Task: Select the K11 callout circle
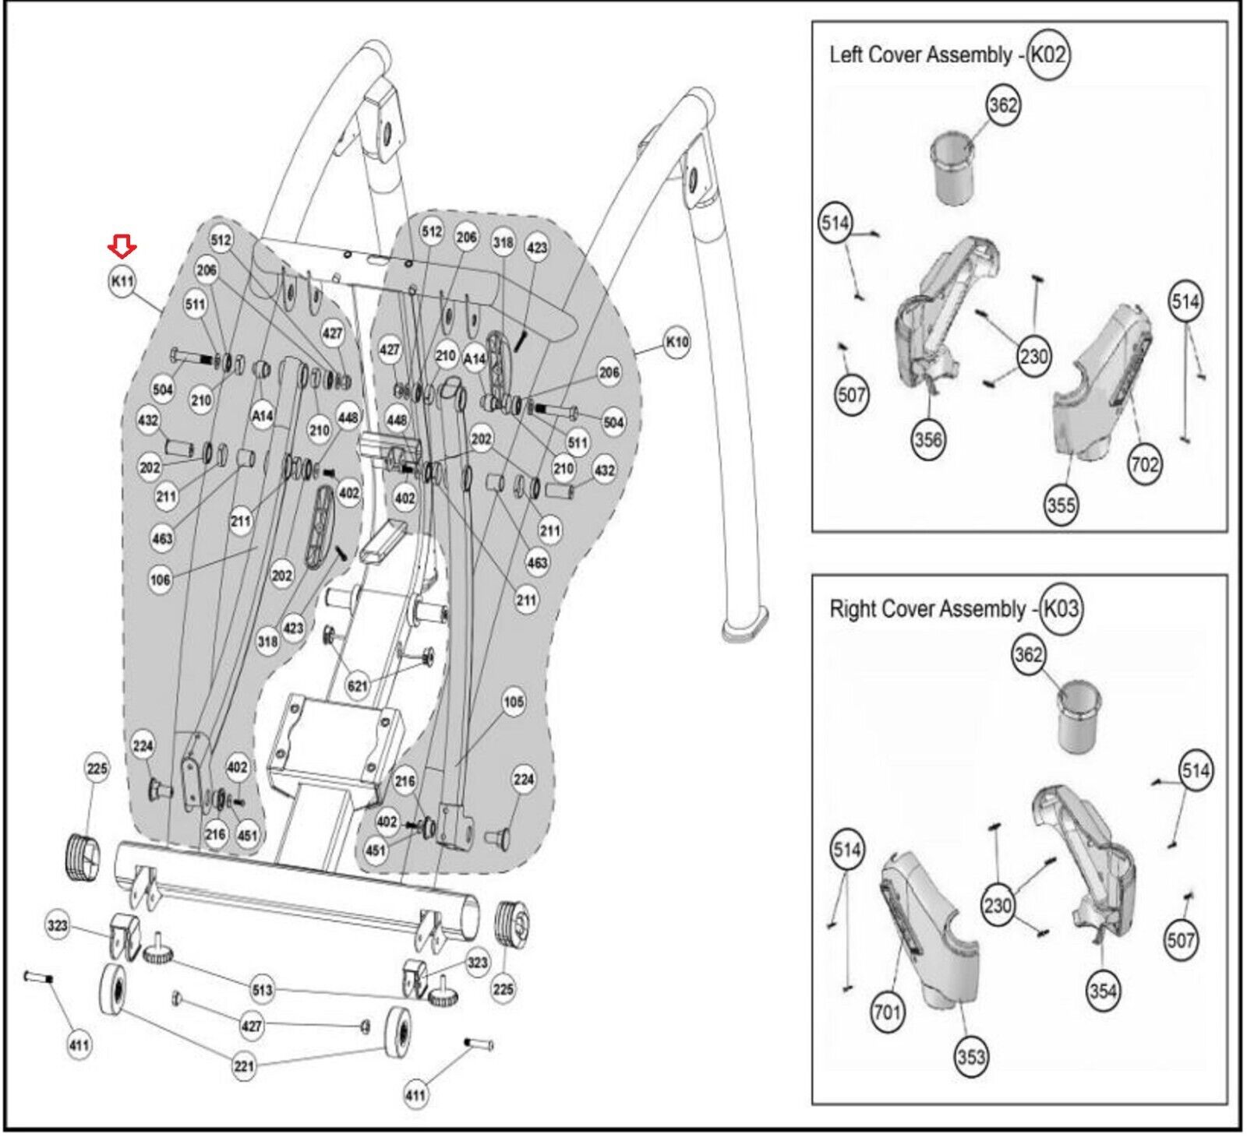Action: pos(122,282)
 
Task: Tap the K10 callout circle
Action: pos(676,342)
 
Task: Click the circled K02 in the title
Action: pos(1048,55)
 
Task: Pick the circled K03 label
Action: pos(1061,608)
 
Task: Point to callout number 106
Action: pos(160,579)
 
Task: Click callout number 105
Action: pos(514,702)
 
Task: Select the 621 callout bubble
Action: pos(358,685)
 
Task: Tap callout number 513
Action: pos(263,989)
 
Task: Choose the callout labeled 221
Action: pos(244,1065)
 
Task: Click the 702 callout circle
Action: pos(1144,465)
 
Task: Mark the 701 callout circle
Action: pos(887,1012)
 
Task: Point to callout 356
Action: pos(928,439)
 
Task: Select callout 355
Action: pos(1061,505)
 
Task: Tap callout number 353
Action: pos(970,1057)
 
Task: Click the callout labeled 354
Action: pos(1103,991)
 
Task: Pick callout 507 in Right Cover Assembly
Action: pos(1180,940)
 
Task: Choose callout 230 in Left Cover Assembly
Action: pos(1033,357)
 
